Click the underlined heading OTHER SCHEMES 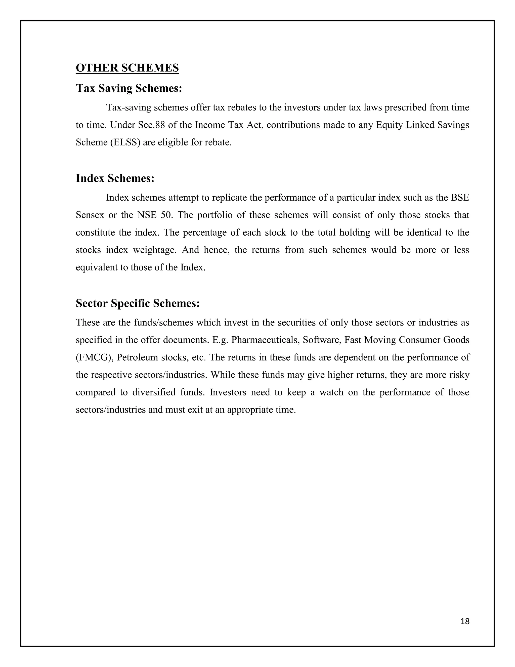127,68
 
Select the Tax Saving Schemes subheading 129,88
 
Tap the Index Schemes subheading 115,178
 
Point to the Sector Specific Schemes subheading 138,303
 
